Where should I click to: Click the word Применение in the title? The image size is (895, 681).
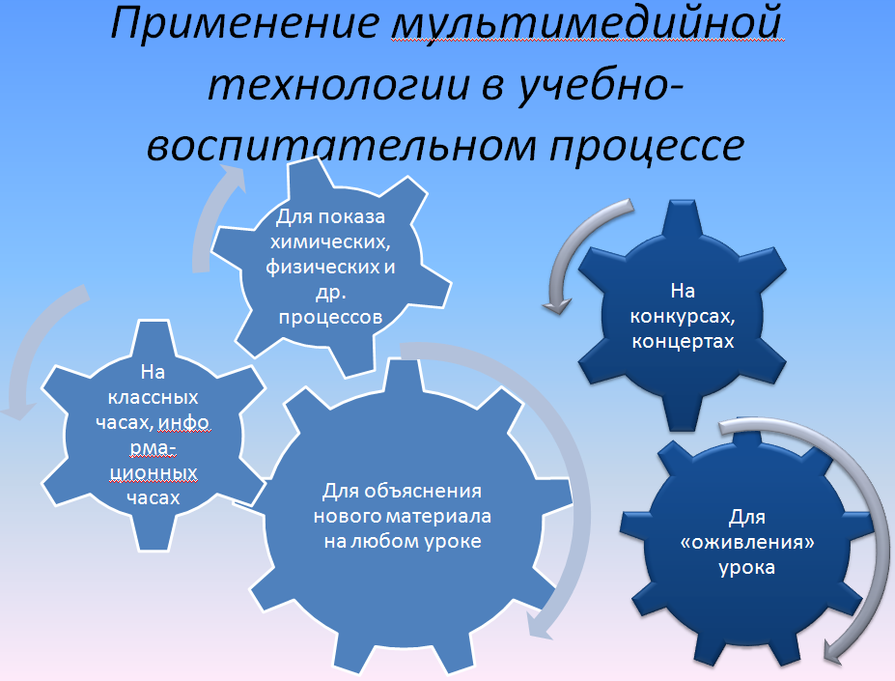[x=245, y=23]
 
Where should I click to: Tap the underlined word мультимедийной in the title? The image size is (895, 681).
[x=587, y=25]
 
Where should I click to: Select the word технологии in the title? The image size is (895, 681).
[x=339, y=85]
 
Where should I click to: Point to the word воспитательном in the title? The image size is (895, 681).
[x=342, y=145]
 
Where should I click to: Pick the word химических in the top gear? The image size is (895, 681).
[x=330, y=242]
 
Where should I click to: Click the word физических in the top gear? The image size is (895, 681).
[x=320, y=268]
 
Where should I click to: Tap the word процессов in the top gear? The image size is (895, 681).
[x=330, y=317]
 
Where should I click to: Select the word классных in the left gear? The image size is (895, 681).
[x=153, y=398]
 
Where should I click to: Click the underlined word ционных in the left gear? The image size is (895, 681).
[x=153, y=473]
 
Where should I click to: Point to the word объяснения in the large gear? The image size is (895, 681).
[x=422, y=492]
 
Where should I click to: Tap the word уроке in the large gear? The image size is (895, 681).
[x=452, y=542]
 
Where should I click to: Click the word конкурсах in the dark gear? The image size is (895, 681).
[x=682, y=317]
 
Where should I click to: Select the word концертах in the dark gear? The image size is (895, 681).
[x=683, y=342]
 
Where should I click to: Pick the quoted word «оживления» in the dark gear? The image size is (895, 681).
[x=747, y=542]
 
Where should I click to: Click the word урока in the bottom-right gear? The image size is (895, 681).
[x=746, y=568]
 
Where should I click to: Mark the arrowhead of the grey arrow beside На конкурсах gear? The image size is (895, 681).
[x=557, y=305]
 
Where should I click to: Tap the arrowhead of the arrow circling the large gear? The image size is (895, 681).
[x=540, y=626]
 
